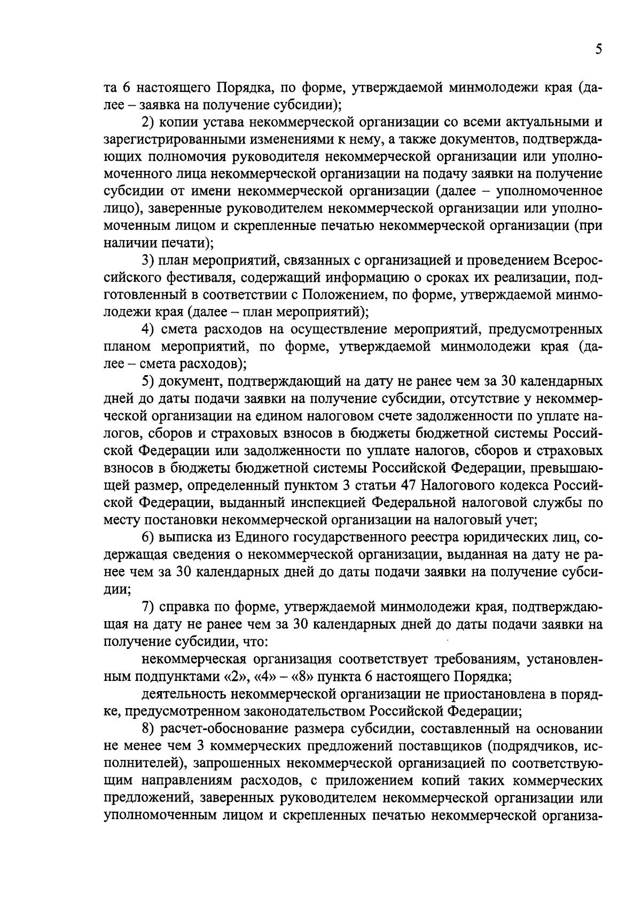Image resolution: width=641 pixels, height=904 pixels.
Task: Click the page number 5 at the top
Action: pos(598,50)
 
